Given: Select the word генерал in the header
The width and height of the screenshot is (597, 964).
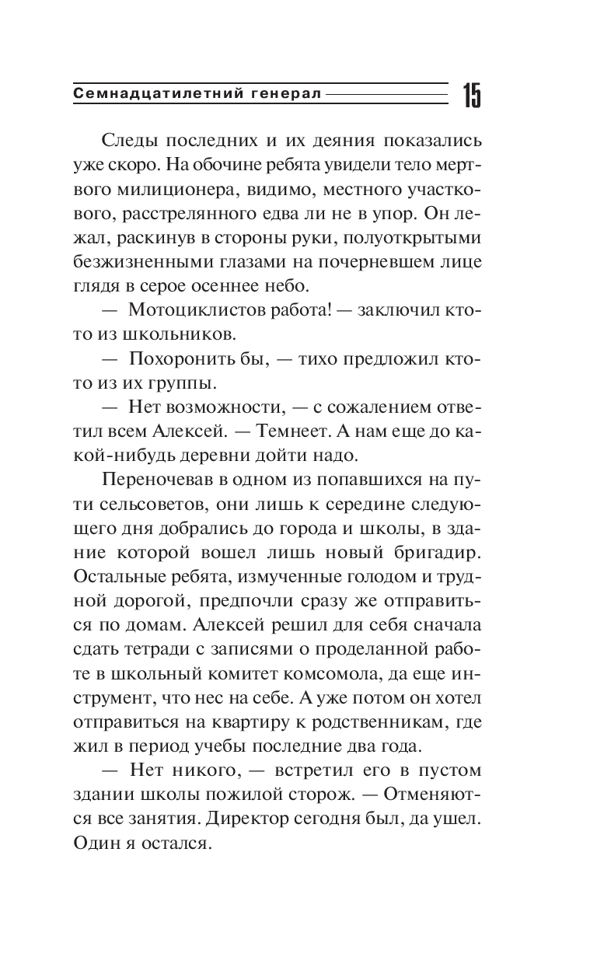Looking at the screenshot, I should (x=286, y=95).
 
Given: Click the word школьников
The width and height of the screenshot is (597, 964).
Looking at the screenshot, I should (x=188, y=334).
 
